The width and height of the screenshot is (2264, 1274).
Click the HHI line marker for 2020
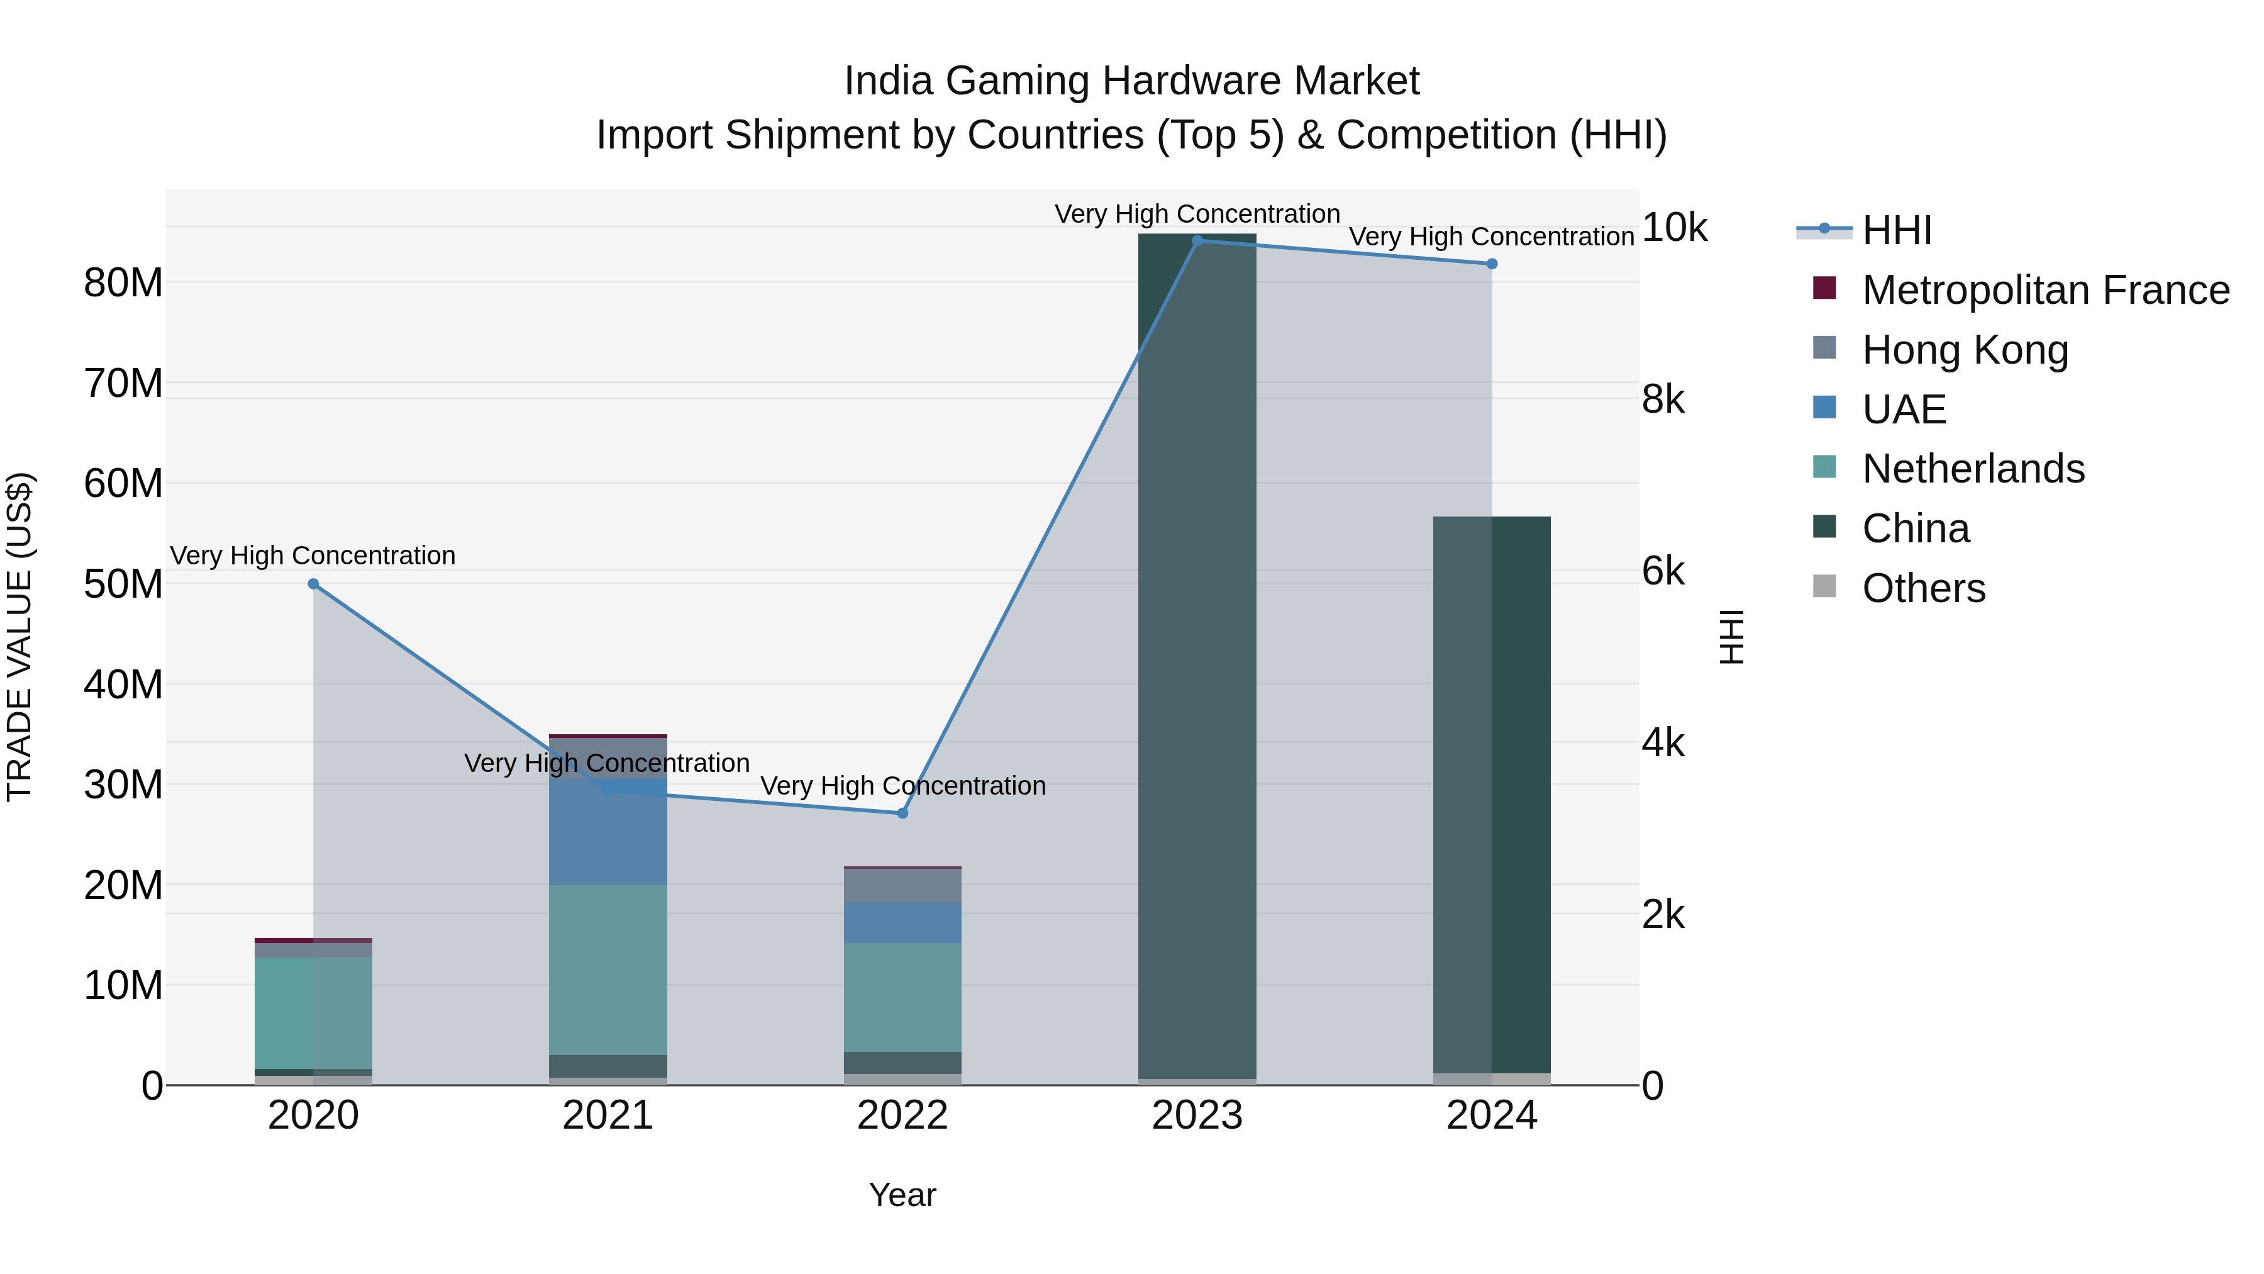pyautogui.click(x=314, y=584)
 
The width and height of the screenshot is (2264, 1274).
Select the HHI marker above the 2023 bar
pyautogui.click(x=1197, y=241)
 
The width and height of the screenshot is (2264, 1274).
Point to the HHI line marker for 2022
pyautogui.click(x=902, y=813)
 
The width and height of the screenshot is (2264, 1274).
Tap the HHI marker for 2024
pyautogui.click(x=1492, y=264)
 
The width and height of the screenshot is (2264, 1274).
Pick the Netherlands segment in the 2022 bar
pyautogui.click(x=902, y=997)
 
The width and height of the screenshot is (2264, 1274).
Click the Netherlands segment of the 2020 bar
pyautogui.click(x=314, y=1013)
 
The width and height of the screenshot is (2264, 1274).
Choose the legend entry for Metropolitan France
pyautogui.click(x=2045, y=290)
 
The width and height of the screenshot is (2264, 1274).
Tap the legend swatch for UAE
pyautogui.click(x=1824, y=408)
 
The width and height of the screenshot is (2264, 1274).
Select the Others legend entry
pyautogui.click(x=1923, y=588)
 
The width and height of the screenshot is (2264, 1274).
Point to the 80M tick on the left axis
pyautogui.click(x=123, y=283)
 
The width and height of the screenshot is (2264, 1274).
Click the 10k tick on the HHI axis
pyautogui.click(x=1674, y=228)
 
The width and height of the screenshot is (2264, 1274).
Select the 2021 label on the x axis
pyautogui.click(x=608, y=1115)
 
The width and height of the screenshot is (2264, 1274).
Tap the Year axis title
pyautogui.click(x=902, y=1195)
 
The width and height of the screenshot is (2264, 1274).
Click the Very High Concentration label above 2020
pyautogui.click(x=313, y=556)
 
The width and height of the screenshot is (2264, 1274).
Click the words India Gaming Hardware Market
pyautogui.click(x=1131, y=81)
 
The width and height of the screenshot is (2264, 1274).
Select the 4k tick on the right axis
pyautogui.click(x=1663, y=743)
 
